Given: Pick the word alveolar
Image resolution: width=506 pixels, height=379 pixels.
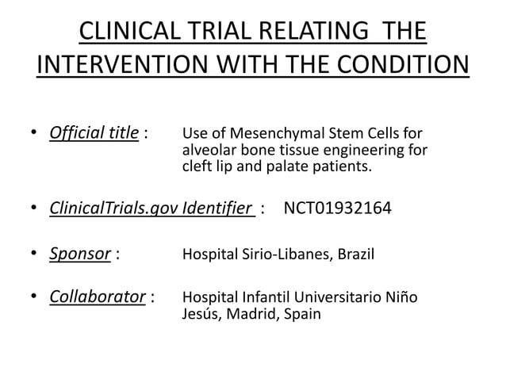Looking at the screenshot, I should click(208, 150).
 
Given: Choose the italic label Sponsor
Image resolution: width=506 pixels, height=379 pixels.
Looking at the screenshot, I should click(80, 255).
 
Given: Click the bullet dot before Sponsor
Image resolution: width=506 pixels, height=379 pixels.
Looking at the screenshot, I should click(36, 255).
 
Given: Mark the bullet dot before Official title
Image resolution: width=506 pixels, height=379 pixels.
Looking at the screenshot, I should click(36, 132).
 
